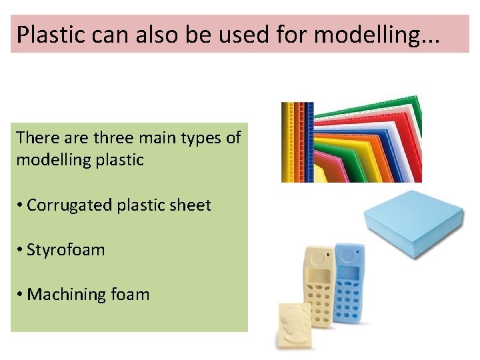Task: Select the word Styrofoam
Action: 66,250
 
